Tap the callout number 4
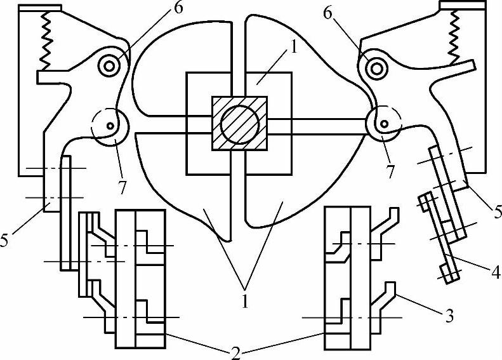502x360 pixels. (494, 273)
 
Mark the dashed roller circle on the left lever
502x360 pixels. (109, 126)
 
